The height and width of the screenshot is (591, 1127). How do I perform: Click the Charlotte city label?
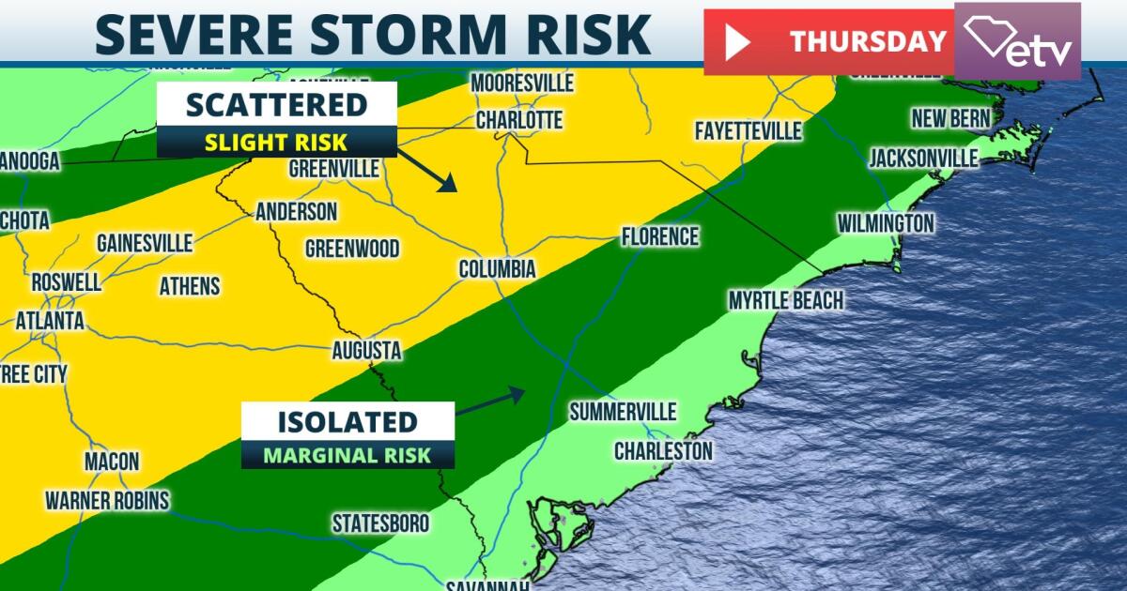click(x=518, y=120)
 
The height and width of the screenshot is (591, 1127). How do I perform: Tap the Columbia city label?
click(x=497, y=269)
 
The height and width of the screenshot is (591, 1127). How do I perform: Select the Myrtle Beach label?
click(x=785, y=300)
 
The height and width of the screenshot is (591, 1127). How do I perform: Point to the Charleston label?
click(x=662, y=451)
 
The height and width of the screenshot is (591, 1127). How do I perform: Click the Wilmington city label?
click(x=886, y=223)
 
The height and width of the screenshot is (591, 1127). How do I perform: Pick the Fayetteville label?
click(x=748, y=130)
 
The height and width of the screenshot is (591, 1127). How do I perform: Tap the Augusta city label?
click(x=366, y=351)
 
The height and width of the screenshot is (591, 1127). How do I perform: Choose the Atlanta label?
click(x=49, y=321)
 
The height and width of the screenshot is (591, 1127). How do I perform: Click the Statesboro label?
click(x=380, y=523)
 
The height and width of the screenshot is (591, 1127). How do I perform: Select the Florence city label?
click(x=659, y=236)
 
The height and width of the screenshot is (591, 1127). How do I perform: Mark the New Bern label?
click(x=950, y=119)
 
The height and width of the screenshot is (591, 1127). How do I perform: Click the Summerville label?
click(x=623, y=412)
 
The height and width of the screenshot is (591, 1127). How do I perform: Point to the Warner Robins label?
click(x=107, y=500)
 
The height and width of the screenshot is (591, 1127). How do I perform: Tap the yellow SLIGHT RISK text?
click(x=276, y=143)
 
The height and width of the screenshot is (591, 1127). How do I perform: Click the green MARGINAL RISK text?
click(x=347, y=455)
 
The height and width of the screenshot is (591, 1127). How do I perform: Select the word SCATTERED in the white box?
click(x=276, y=104)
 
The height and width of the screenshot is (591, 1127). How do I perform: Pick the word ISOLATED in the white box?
click(x=347, y=421)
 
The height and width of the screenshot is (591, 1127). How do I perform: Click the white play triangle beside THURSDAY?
click(x=736, y=42)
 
